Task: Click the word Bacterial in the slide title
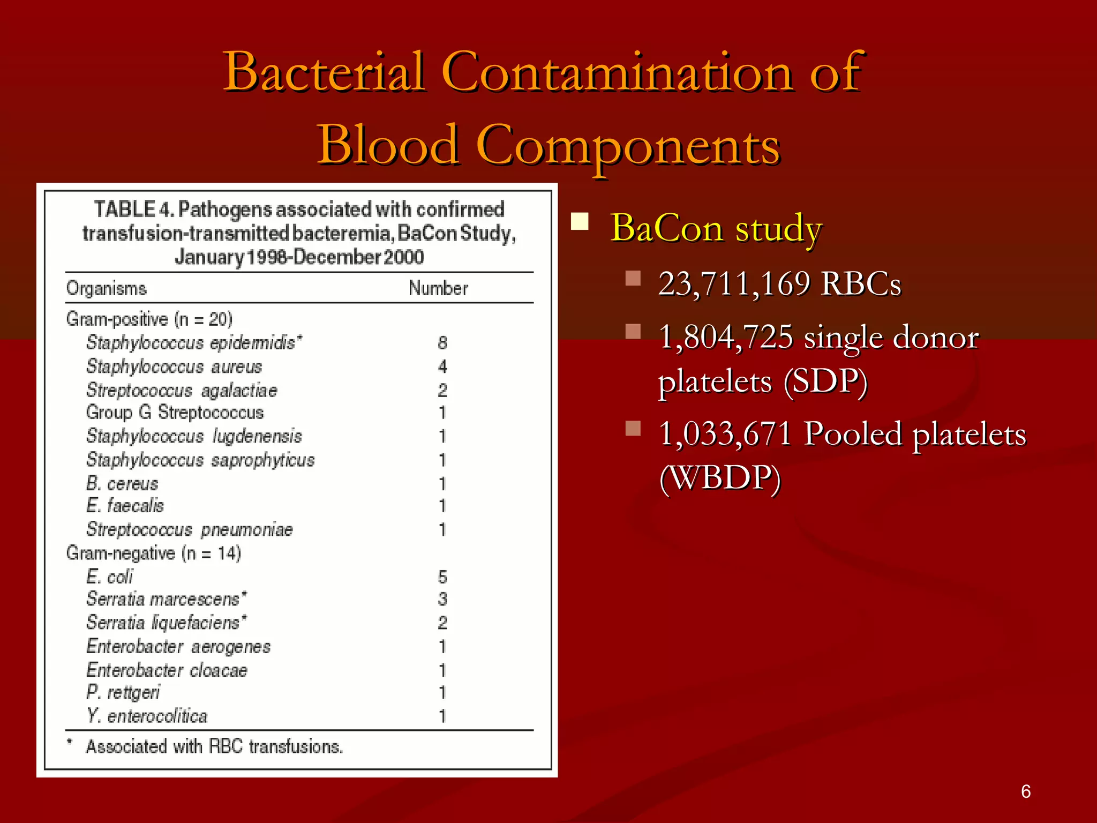pyautogui.click(x=325, y=72)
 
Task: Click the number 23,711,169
pyautogui.click(x=734, y=283)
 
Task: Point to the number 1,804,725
pyautogui.click(x=726, y=338)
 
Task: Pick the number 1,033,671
pyautogui.click(x=725, y=434)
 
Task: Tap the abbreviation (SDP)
pyautogui.click(x=825, y=381)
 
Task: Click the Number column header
pyautogui.click(x=438, y=288)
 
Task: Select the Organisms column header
pyautogui.click(x=106, y=288)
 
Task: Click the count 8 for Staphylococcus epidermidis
pyautogui.click(x=442, y=343)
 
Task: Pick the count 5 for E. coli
pyautogui.click(x=442, y=577)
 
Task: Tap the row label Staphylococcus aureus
pyautogui.click(x=174, y=366)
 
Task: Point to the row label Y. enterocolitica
pyautogui.click(x=147, y=716)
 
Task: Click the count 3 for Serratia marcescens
pyautogui.click(x=442, y=599)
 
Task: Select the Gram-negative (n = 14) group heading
pyautogui.click(x=153, y=553)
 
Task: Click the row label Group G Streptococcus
pyautogui.click(x=175, y=413)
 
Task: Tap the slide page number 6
pyautogui.click(x=1026, y=791)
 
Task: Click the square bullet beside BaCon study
pyautogui.click(x=580, y=221)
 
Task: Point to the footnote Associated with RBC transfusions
pyautogui.click(x=214, y=746)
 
